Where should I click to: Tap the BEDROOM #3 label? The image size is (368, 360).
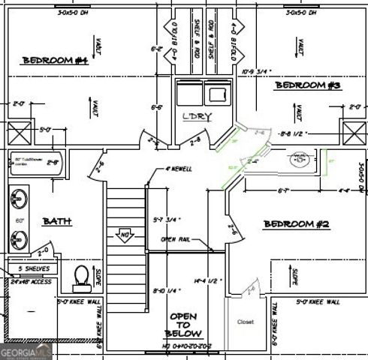(308, 85)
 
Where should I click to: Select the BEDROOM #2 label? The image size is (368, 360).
(297, 224)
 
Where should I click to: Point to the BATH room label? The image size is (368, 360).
(56, 221)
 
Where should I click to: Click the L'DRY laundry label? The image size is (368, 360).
(197, 116)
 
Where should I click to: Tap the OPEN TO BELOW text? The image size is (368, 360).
(183, 325)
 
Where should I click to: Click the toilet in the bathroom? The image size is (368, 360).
(81, 277)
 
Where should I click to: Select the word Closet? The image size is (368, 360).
(246, 322)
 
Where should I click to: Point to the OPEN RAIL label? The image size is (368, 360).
(178, 239)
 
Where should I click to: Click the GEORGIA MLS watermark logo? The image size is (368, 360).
(26, 352)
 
